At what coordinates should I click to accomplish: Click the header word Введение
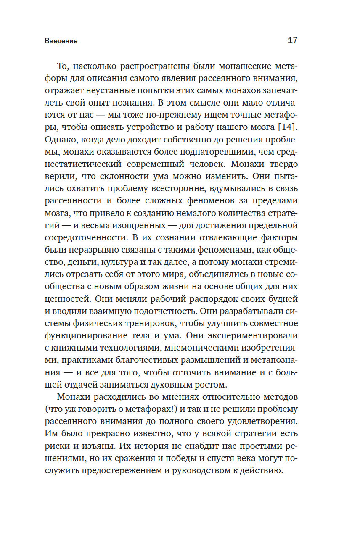pos(61,41)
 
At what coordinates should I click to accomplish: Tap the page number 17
pos(292,41)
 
